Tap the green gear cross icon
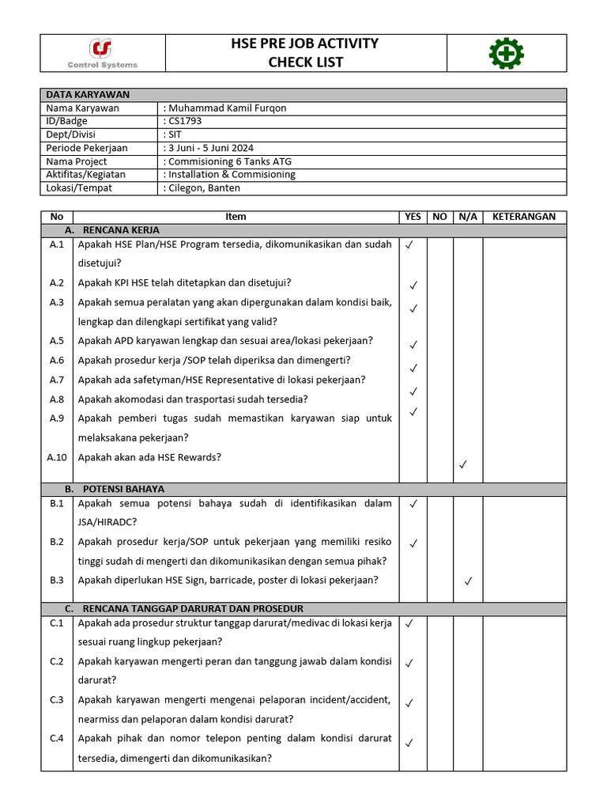[506, 54]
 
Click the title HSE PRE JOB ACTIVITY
[304, 44]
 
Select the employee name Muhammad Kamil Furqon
[228, 108]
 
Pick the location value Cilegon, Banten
[203, 188]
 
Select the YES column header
[413, 217]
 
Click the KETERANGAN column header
[524, 217]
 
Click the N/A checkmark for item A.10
[463, 465]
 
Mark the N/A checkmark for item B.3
[468, 581]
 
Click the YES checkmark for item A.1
[409, 245]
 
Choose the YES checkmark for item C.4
[409, 743]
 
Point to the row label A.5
[56, 341]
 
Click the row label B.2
[56, 542]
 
